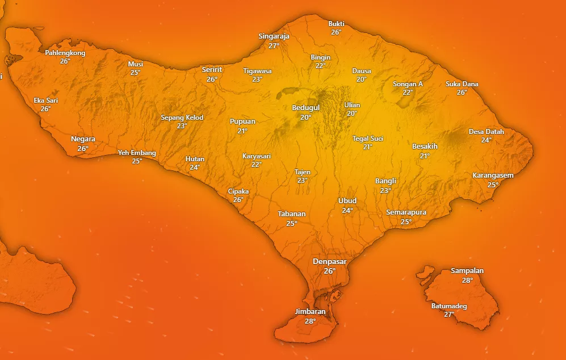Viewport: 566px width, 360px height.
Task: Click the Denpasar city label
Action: click(x=329, y=261)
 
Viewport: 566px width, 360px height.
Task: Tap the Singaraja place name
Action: click(x=274, y=36)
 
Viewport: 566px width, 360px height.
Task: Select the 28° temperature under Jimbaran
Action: click(x=310, y=321)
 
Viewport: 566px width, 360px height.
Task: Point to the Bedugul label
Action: click(x=305, y=108)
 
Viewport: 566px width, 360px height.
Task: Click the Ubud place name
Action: click(x=347, y=201)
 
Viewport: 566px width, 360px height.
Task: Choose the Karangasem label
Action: click(x=493, y=175)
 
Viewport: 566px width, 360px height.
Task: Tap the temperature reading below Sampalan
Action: click(x=467, y=281)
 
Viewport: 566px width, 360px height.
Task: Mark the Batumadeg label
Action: click(x=449, y=307)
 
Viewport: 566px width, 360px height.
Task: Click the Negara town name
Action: click(x=83, y=139)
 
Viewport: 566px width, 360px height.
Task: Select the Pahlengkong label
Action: click(x=65, y=53)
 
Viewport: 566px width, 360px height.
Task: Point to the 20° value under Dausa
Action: click(x=362, y=79)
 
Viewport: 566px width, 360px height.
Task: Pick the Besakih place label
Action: click(x=425, y=146)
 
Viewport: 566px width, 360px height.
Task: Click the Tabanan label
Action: click(x=292, y=214)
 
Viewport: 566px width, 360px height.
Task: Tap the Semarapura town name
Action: click(x=406, y=212)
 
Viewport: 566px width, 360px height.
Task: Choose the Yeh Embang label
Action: click(x=137, y=153)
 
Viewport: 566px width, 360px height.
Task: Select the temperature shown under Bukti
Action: click(x=336, y=32)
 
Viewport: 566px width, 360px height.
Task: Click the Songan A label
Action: click(x=408, y=84)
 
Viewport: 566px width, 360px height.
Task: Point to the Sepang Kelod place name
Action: click(x=182, y=118)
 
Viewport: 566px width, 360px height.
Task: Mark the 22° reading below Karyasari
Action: click(x=257, y=165)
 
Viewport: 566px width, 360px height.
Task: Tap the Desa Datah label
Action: click(x=487, y=132)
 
